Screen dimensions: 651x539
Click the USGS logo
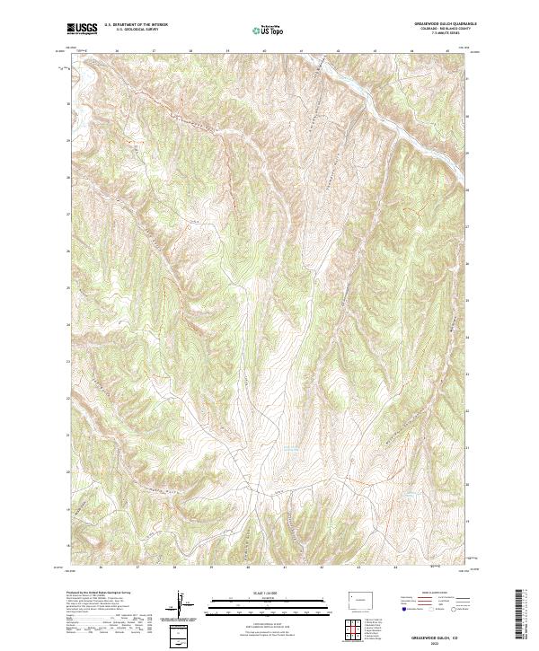click(x=83, y=28)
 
